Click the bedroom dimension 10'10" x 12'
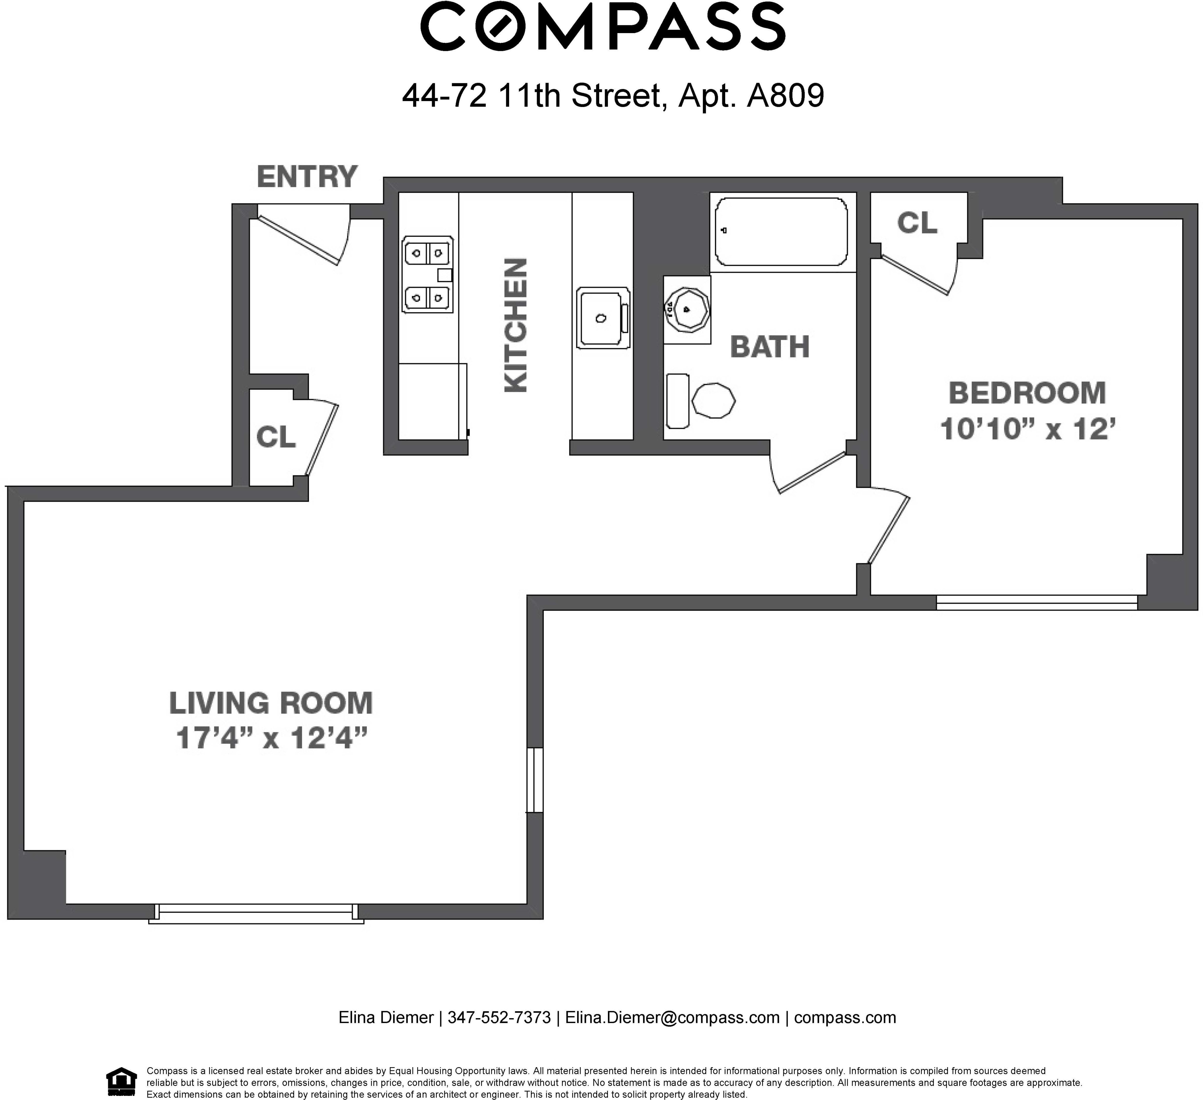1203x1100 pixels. pyautogui.click(x=1028, y=429)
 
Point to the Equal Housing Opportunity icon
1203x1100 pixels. pyautogui.click(x=121, y=1082)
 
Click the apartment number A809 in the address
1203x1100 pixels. pyautogui.click(x=785, y=96)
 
